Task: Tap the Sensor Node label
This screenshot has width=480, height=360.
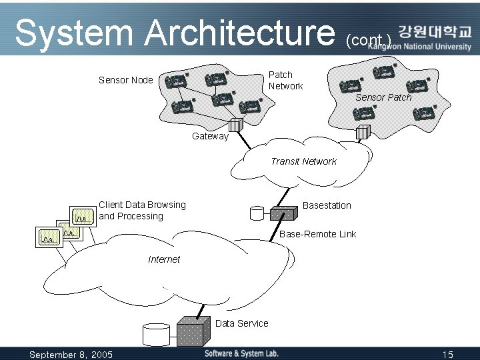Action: [125, 80]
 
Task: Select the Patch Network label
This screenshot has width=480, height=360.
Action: [285, 81]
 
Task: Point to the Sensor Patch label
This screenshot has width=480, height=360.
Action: [383, 97]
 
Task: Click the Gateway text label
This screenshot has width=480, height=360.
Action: [210, 136]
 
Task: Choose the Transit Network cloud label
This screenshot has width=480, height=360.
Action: [303, 161]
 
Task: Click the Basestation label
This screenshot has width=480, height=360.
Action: [327, 205]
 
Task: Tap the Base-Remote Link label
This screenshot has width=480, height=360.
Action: [317, 234]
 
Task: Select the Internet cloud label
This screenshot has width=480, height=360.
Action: [164, 259]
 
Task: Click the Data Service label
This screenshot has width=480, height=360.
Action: [242, 323]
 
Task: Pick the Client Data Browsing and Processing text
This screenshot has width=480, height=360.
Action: [142, 211]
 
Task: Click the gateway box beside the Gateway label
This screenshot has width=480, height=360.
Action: [234, 125]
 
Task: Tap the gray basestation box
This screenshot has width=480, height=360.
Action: [283, 213]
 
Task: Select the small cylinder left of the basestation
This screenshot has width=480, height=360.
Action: [256, 214]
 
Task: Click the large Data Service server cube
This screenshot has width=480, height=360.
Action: [194, 330]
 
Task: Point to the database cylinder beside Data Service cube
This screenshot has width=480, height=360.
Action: [157, 333]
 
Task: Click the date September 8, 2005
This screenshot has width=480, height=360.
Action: [71, 355]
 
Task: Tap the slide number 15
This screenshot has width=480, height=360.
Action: [447, 355]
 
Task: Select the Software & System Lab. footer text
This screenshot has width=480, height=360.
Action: [241, 353]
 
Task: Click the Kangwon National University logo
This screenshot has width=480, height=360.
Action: [435, 38]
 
